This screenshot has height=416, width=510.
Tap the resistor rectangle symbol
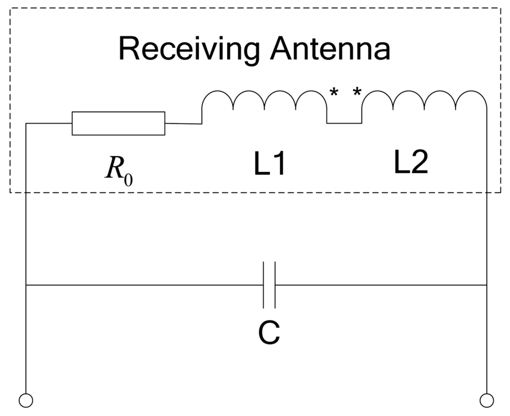pyautogui.click(x=118, y=123)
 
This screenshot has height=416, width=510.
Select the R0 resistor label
pyautogui.click(x=119, y=170)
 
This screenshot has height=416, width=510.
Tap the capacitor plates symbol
pyautogui.click(x=269, y=285)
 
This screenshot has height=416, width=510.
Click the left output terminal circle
pyautogui.click(x=25, y=400)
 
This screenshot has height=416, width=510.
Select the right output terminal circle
pyautogui.click(x=486, y=400)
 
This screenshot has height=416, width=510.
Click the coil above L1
pyautogui.click(x=264, y=102)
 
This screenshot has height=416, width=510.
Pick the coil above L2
pyautogui.click(x=424, y=102)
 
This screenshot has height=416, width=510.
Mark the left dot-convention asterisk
pyautogui.click(x=333, y=92)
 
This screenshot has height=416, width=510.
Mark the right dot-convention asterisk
pyautogui.click(x=357, y=92)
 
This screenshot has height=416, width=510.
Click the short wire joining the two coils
pyautogui.click(x=344, y=123)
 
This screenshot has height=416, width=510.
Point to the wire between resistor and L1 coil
pyautogui.click(x=183, y=123)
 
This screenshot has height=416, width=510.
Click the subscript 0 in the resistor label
pyautogui.click(x=128, y=178)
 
